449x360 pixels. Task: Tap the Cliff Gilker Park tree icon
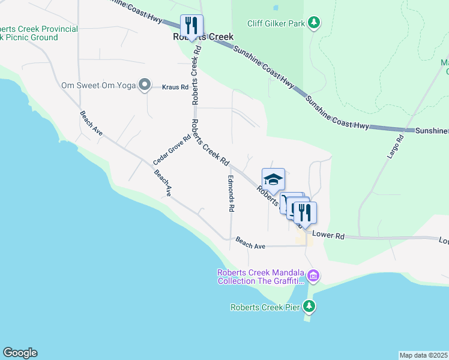[x=313, y=23]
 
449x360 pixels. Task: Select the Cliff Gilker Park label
[x=276, y=23]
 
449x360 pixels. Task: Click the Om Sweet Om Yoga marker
[x=144, y=85]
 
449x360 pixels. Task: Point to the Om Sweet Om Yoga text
[x=98, y=85]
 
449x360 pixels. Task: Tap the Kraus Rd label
[x=175, y=87]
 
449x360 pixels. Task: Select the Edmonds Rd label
[x=231, y=193]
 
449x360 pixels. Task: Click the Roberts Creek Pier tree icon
[x=309, y=307]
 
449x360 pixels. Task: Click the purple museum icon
[x=313, y=276]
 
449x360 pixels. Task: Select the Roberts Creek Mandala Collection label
[x=261, y=276]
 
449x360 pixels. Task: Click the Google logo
[x=20, y=353]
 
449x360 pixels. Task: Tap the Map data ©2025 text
[x=423, y=355]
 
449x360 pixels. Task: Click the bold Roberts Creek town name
[x=203, y=37]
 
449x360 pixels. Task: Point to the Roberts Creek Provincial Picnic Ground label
[x=38, y=33]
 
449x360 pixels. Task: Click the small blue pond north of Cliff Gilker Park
[x=276, y=8]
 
